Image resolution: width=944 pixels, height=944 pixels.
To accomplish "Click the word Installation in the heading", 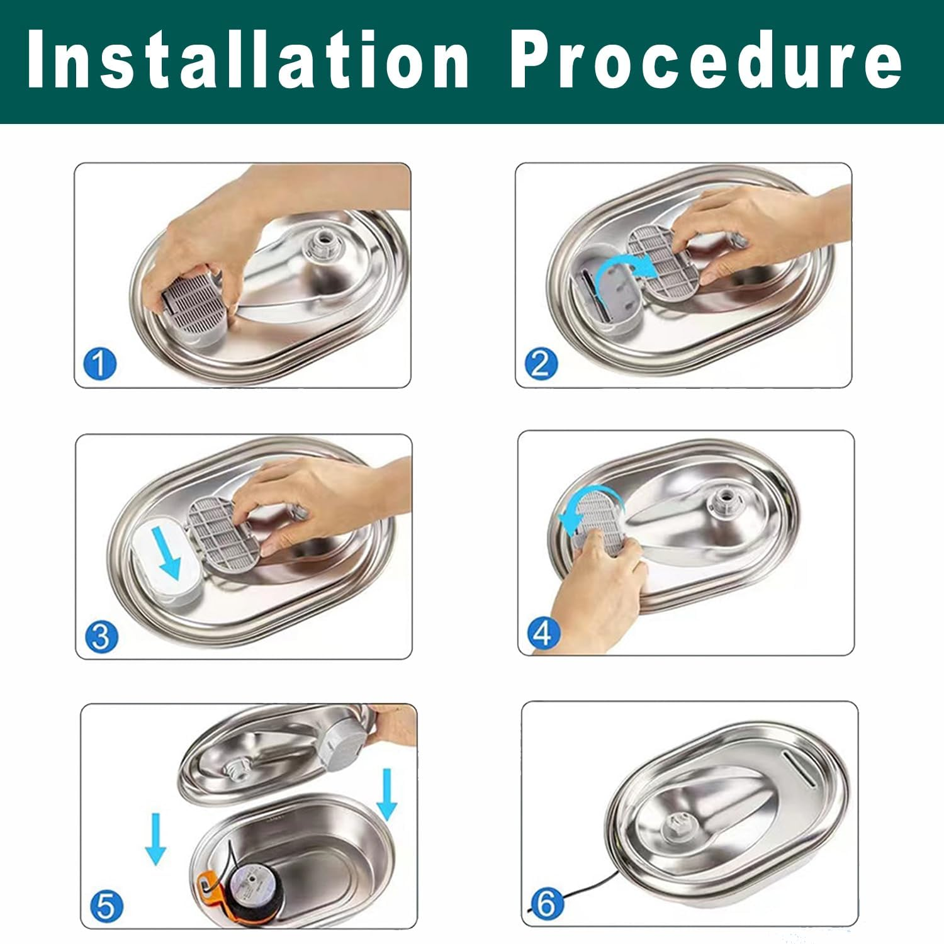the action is [249, 60].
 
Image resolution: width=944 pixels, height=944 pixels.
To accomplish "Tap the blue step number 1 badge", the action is [100, 364].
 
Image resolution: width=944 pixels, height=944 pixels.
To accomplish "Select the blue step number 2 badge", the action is [541, 364].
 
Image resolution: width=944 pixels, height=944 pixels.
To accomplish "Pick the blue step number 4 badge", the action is [543, 633].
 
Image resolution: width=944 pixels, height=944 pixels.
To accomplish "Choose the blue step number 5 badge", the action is [106, 906].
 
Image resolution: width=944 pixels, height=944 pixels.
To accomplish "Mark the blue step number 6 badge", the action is [546, 904].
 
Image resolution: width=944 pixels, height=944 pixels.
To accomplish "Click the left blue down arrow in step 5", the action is [155, 838].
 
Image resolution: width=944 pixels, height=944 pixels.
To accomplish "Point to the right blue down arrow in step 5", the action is [387, 795].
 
